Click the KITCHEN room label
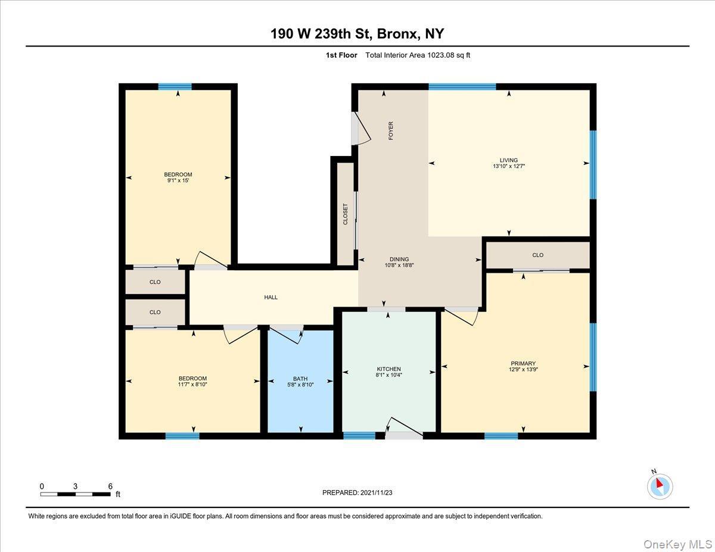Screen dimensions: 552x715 coord(388,369)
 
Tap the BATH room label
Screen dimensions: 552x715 coord(300,378)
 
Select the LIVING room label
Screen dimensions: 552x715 coord(509,160)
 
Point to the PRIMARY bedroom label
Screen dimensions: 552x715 coord(523,363)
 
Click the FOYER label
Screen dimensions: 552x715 coord(391,131)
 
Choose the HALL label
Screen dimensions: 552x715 coord(271,297)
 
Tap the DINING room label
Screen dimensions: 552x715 coord(399,259)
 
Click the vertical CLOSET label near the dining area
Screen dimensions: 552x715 coord(345,214)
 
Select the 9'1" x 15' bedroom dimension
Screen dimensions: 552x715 coord(178,181)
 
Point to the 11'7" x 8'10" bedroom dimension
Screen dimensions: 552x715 coord(193,385)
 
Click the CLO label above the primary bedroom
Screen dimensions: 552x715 coord(538,255)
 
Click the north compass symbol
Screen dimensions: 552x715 coord(660,486)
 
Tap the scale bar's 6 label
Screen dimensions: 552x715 coord(110,486)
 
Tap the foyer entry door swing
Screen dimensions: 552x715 coord(361,129)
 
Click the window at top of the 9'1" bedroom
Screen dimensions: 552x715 coord(175,86)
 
